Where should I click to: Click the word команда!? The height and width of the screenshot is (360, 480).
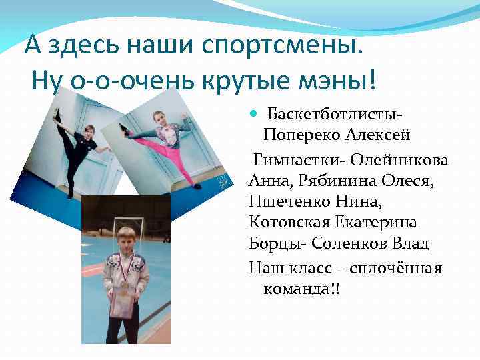click(302, 289)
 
